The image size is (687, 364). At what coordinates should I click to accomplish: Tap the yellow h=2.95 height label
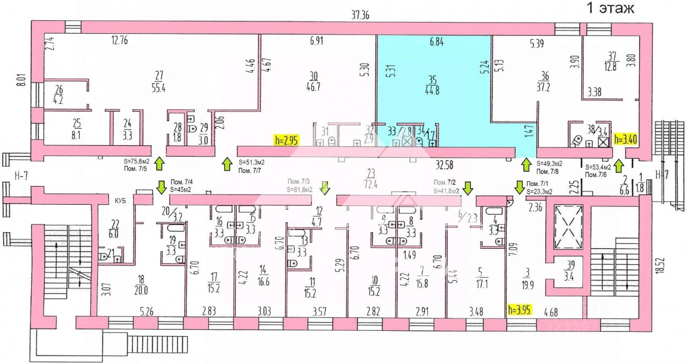tap(286, 140)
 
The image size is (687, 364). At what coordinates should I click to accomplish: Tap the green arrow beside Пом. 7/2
tap(468, 188)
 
